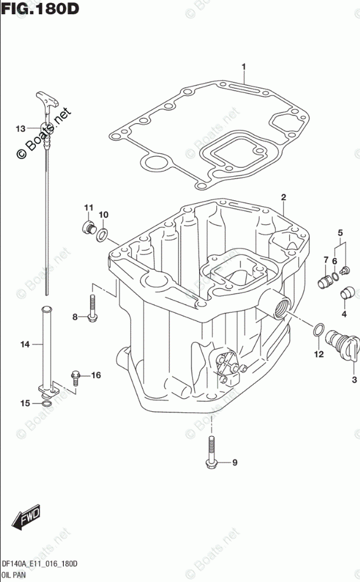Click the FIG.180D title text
click(41, 10)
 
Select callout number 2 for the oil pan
click(283, 197)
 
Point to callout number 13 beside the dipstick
click(20, 128)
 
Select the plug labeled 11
click(89, 228)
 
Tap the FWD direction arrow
click(27, 518)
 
